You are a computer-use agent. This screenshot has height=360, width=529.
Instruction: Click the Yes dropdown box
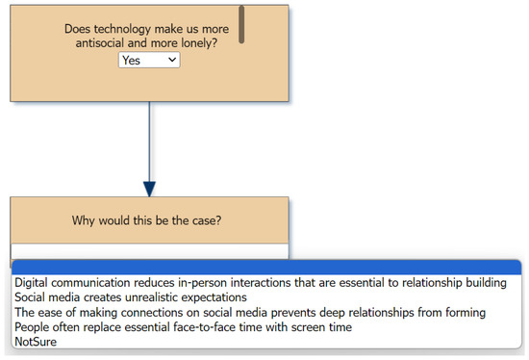[x=148, y=60]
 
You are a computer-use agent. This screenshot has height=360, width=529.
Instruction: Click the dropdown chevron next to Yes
[x=172, y=60]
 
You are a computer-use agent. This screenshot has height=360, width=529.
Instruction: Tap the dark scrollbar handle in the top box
[x=241, y=24]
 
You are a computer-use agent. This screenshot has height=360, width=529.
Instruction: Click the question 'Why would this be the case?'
[x=148, y=220]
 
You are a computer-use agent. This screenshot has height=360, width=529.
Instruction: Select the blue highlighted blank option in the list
[x=264, y=268]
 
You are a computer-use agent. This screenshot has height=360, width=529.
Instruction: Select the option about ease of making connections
[x=250, y=313]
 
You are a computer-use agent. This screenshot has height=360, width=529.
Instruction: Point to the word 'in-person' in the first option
[x=220, y=283]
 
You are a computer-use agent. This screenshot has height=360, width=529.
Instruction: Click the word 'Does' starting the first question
[x=80, y=29]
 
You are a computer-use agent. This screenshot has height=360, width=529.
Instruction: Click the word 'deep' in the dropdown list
[x=362, y=313]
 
